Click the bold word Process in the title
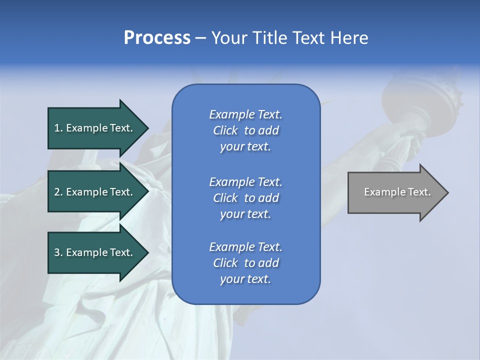157,38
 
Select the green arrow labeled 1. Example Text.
95,128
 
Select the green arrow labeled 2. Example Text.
95,192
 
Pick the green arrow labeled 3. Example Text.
95,252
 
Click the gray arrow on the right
395,192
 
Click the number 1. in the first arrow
58,128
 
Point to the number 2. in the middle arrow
58,192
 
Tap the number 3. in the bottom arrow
58,252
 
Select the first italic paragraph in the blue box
245,130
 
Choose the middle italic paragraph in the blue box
245,198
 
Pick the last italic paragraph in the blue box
245,263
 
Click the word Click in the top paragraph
225,130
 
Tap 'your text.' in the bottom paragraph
245,279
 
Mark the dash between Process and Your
200,38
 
